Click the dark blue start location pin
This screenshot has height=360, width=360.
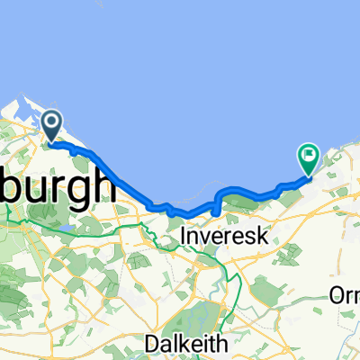51,125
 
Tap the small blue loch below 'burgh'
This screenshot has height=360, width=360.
65,226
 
